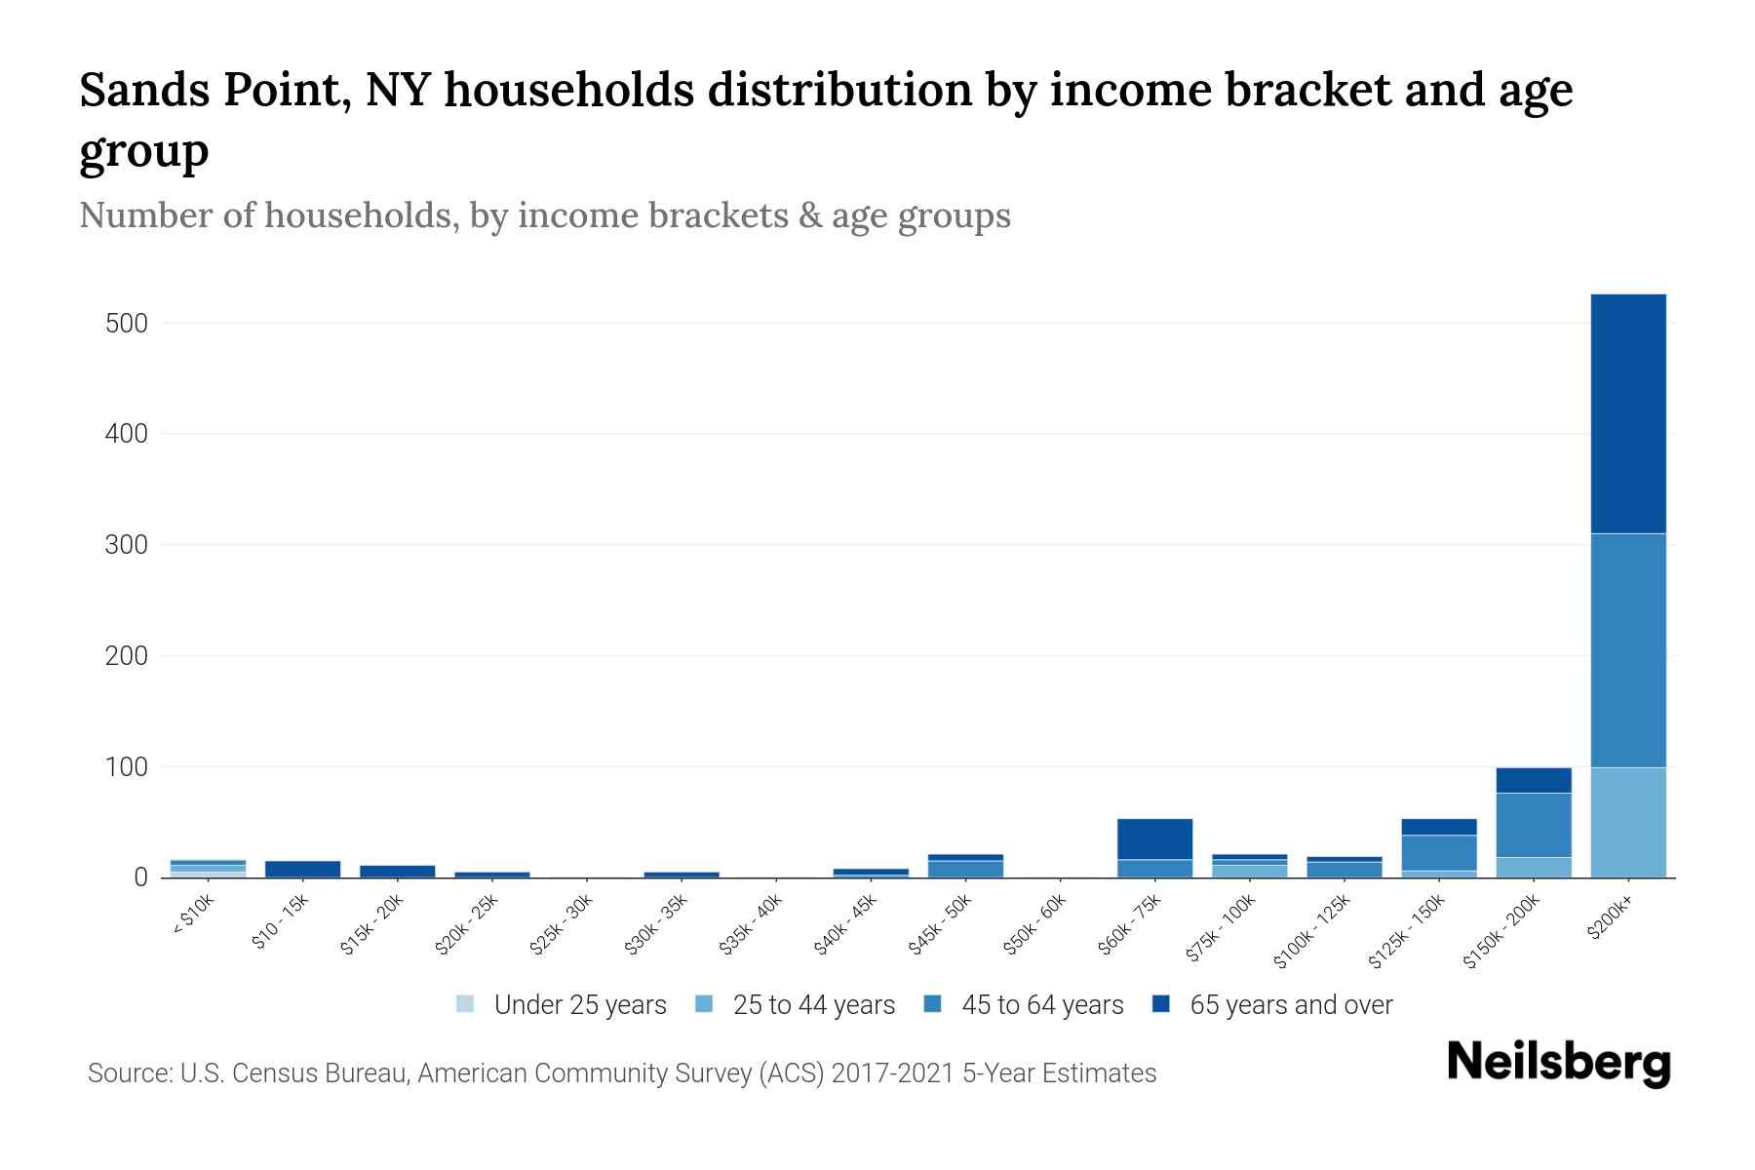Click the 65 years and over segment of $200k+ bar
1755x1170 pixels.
pos(1627,413)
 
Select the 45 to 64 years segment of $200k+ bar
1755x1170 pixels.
pos(1627,650)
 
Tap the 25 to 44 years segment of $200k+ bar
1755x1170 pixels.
pos(1627,822)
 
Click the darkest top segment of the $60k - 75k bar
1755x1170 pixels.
pos(1154,838)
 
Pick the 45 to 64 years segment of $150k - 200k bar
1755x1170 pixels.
pos(1533,825)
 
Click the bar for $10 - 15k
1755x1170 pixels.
pos(302,869)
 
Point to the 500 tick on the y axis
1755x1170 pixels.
pos(127,323)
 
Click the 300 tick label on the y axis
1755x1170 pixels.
pos(127,545)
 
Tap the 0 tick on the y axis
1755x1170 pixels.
pos(140,877)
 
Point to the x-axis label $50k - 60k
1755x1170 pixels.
pos(1034,925)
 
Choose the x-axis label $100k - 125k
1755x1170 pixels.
pos(1312,931)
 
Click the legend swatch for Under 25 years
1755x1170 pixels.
pos(465,1003)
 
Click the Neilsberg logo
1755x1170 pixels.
pos(1558,1063)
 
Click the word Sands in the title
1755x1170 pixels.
pos(144,90)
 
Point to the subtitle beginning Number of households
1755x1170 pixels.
pos(544,214)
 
